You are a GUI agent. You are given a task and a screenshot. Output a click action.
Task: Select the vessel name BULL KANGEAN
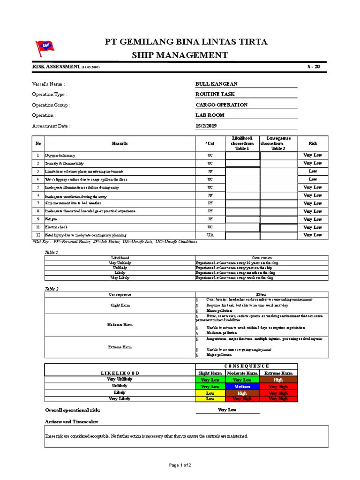217,84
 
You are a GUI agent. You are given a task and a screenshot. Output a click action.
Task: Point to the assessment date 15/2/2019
206,126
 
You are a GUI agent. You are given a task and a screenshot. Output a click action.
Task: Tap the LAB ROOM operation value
210,115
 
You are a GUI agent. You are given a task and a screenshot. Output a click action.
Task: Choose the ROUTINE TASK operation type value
215,94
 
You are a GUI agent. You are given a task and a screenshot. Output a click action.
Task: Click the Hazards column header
120,143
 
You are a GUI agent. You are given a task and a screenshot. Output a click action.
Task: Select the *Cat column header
210,143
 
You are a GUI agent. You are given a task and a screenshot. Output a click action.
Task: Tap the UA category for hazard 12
210,235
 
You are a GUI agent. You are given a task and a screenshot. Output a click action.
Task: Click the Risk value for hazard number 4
313,179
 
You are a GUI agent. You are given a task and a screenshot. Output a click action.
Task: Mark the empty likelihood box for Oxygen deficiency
242,156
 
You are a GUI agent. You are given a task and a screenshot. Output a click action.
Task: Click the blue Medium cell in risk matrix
243,386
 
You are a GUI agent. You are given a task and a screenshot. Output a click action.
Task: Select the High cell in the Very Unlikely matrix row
278,380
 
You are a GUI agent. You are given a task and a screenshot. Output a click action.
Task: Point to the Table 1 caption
51,252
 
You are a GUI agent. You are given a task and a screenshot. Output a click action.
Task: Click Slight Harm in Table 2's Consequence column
120,305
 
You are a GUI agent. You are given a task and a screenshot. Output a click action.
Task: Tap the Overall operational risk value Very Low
227,410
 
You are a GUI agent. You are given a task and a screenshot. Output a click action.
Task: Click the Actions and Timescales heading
71,421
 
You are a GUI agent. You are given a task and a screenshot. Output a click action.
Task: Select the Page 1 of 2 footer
180,465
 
